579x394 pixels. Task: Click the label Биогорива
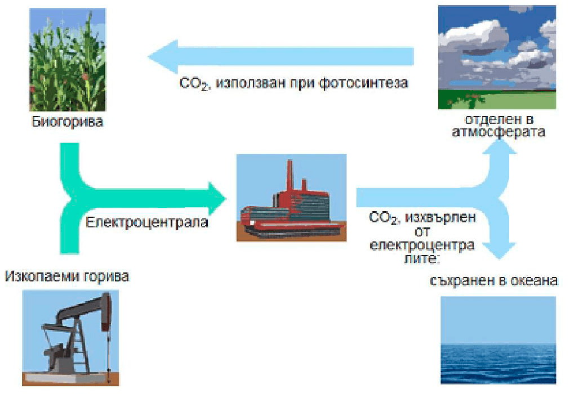pos(67,122)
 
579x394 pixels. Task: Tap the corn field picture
pos(68,60)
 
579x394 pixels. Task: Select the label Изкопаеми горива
pos(67,276)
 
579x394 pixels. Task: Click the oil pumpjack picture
pos(70,338)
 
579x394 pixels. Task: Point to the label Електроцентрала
pos(147,222)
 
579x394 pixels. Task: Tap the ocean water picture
pos(498,340)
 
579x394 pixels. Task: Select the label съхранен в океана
pos(494,281)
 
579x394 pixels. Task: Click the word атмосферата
pos(498,132)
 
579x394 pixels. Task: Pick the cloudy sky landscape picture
pos(497,57)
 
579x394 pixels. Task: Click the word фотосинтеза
pos(363,83)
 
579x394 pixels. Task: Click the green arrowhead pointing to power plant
pos(217,199)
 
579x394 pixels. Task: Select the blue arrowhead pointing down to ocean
pos(500,250)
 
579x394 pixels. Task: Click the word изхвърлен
pos(440,218)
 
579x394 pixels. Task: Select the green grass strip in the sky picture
pos(497,100)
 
